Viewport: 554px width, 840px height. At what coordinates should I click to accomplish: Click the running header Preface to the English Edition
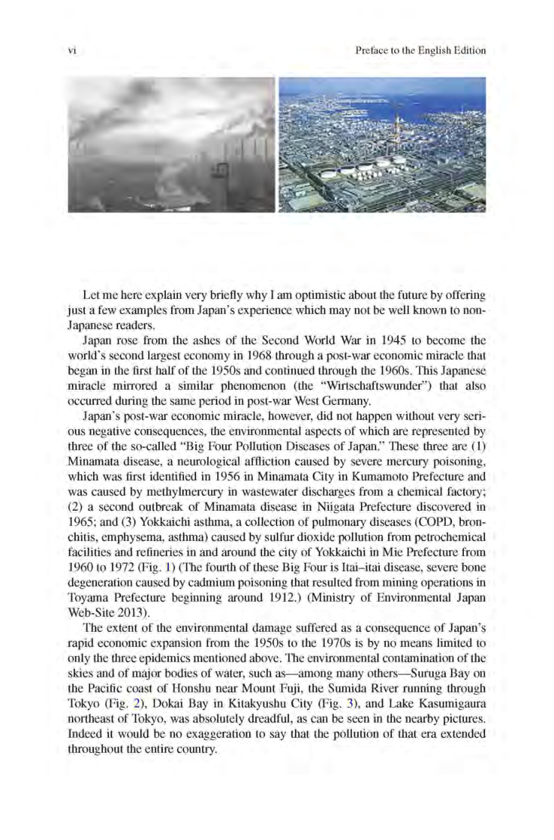point(419,51)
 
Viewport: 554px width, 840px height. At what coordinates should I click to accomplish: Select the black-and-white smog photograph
point(171,145)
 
